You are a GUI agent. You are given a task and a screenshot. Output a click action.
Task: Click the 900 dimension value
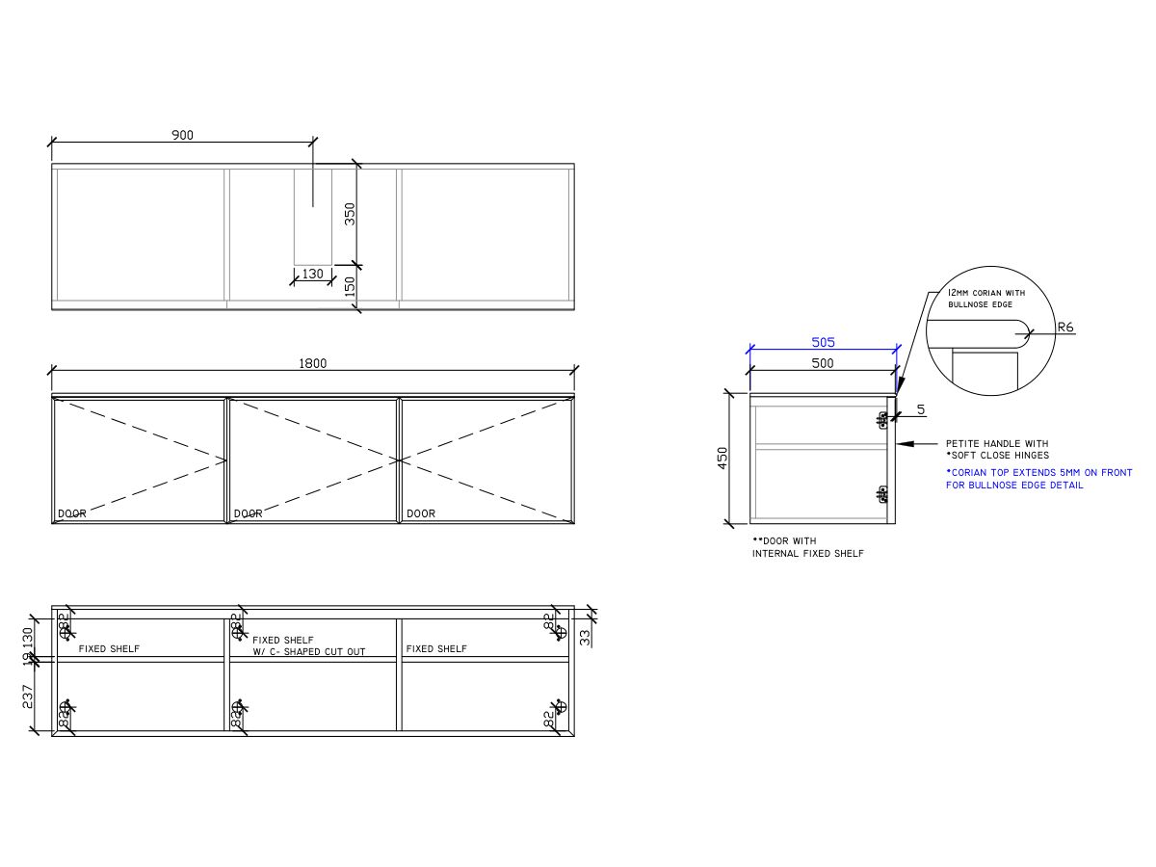tap(182, 135)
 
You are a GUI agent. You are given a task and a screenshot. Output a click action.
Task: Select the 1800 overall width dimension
tap(313, 363)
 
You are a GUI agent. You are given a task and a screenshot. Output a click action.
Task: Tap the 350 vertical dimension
tap(351, 213)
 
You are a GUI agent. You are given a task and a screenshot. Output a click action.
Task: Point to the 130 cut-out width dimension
tap(312, 274)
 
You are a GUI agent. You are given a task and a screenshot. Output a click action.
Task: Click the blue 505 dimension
tap(823, 342)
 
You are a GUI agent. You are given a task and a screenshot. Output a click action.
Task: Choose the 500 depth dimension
tap(823, 363)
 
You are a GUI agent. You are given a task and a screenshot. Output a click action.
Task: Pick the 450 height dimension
tap(722, 458)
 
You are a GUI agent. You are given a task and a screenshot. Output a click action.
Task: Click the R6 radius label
tap(1065, 328)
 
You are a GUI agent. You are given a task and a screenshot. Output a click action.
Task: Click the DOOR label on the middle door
tap(248, 513)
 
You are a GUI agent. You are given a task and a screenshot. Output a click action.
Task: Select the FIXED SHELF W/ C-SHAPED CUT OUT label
tap(308, 645)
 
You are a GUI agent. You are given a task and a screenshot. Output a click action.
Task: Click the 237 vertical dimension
tap(28, 696)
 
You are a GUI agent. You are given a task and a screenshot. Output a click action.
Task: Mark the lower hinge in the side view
tap(882, 493)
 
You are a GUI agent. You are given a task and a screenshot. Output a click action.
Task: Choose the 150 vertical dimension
tap(351, 286)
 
